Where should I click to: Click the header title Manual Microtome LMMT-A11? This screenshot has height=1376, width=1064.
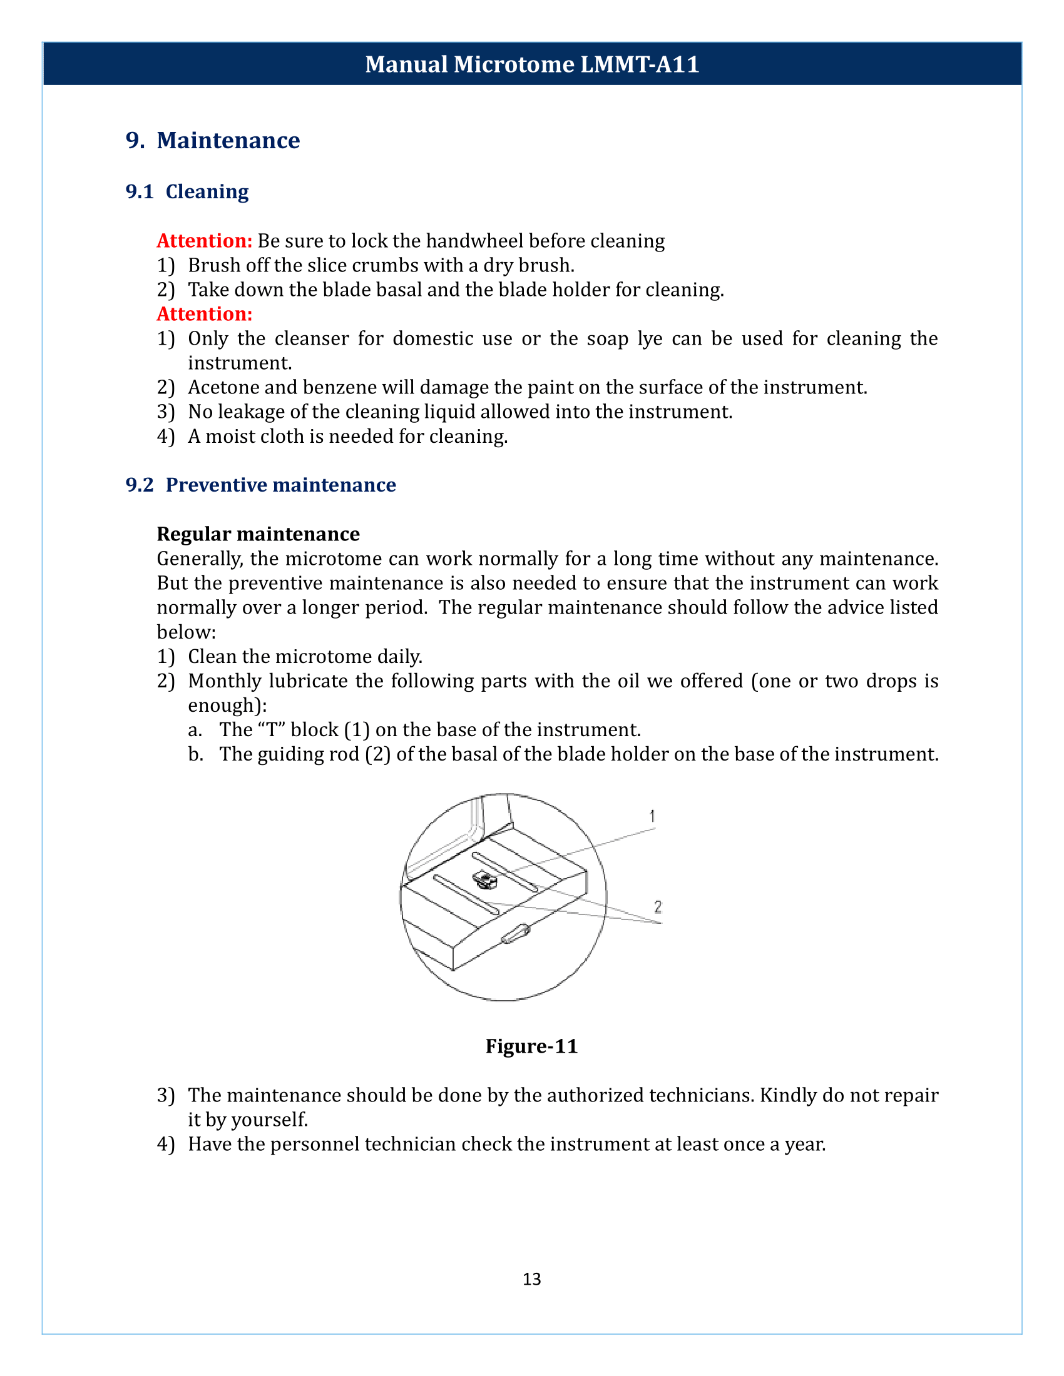coord(531,64)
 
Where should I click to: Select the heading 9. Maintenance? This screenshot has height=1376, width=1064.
coord(212,140)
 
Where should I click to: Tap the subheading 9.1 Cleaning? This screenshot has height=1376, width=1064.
coord(187,191)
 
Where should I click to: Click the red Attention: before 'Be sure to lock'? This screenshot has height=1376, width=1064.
coord(204,241)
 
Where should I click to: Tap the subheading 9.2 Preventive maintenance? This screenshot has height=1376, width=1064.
coord(261,485)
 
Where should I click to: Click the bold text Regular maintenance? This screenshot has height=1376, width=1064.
coord(258,534)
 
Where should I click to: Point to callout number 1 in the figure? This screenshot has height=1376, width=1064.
coord(652,816)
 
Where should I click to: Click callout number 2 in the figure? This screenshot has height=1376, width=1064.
coord(657,907)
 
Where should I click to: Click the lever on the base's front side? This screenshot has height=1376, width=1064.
coord(516,934)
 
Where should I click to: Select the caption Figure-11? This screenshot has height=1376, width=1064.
coord(531,1046)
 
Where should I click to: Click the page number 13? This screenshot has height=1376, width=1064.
coord(531,1279)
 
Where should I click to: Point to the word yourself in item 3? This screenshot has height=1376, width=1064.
coord(269,1120)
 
